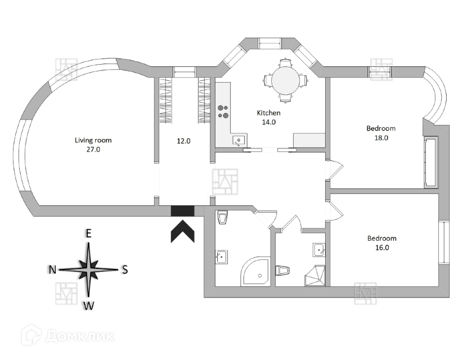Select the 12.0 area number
(x=183, y=141)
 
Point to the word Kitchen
(x=269, y=112)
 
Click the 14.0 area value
(x=269, y=122)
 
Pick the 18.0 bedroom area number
(x=382, y=137)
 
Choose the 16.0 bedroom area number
(x=382, y=247)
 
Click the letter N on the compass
(x=52, y=270)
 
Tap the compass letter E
(x=88, y=233)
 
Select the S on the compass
(x=125, y=270)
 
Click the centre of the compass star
(x=88, y=270)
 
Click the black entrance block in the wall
(x=182, y=211)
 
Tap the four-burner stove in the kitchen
(x=223, y=110)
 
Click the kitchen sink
(x=238, y=139)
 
